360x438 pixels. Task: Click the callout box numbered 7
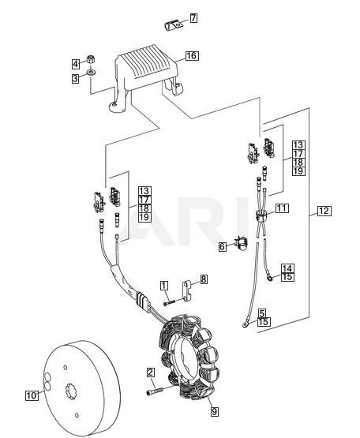click(193, 18)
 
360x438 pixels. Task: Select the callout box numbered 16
click(192, 56)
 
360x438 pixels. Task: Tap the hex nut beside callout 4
click(90, 59)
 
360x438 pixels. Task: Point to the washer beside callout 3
click(91, 73)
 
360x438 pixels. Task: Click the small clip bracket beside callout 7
click(173, 25)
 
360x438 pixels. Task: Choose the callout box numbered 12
click(324, 211)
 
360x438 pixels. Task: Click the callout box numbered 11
click(282, 208)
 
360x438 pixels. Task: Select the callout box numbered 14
click(287, 269)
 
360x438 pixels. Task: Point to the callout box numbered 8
click(204, 279)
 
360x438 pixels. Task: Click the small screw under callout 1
click(169, 302)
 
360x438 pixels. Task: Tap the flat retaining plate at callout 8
click(188, 291)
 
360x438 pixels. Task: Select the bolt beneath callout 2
click(154, 391)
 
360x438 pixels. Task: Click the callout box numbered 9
click(215, 412)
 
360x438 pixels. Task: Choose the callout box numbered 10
click(32, 396)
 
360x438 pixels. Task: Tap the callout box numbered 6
click(223, 246)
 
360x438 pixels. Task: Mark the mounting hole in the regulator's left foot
click(114, 106)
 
